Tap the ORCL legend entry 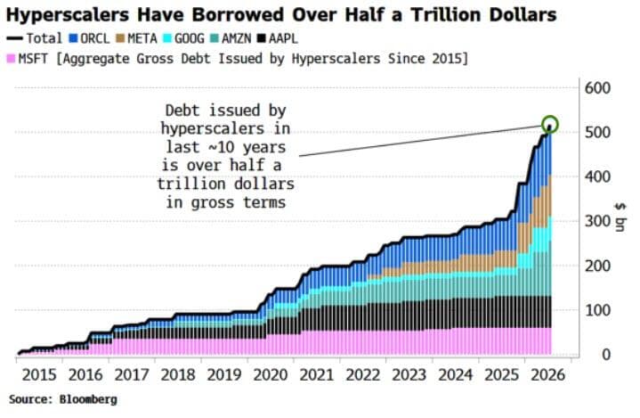coord(89,39)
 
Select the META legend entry coord(137,39)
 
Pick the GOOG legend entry coord(183,39)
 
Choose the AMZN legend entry coord(231,39)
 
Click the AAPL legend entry coord(278,39)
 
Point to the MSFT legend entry coord(28,59)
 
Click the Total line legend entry coord(35,39)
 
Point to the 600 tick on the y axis coord(597,88)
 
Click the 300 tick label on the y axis coord(597,221)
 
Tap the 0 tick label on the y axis coord(606,354)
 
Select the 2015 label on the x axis coord(39,375)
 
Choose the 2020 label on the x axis coord(271,375)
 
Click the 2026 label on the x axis coord(547,375)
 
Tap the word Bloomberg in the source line coord(88,399)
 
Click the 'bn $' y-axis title coord(620,217)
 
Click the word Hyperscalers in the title coord(68,15)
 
